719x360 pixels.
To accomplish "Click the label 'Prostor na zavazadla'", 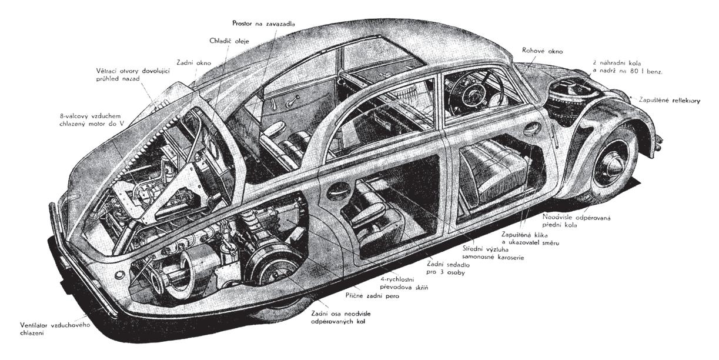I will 263,23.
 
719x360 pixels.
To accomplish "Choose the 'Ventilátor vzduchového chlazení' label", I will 47,328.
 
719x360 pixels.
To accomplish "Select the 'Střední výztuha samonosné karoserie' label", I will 493,252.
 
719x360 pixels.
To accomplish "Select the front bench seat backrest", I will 486,164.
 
